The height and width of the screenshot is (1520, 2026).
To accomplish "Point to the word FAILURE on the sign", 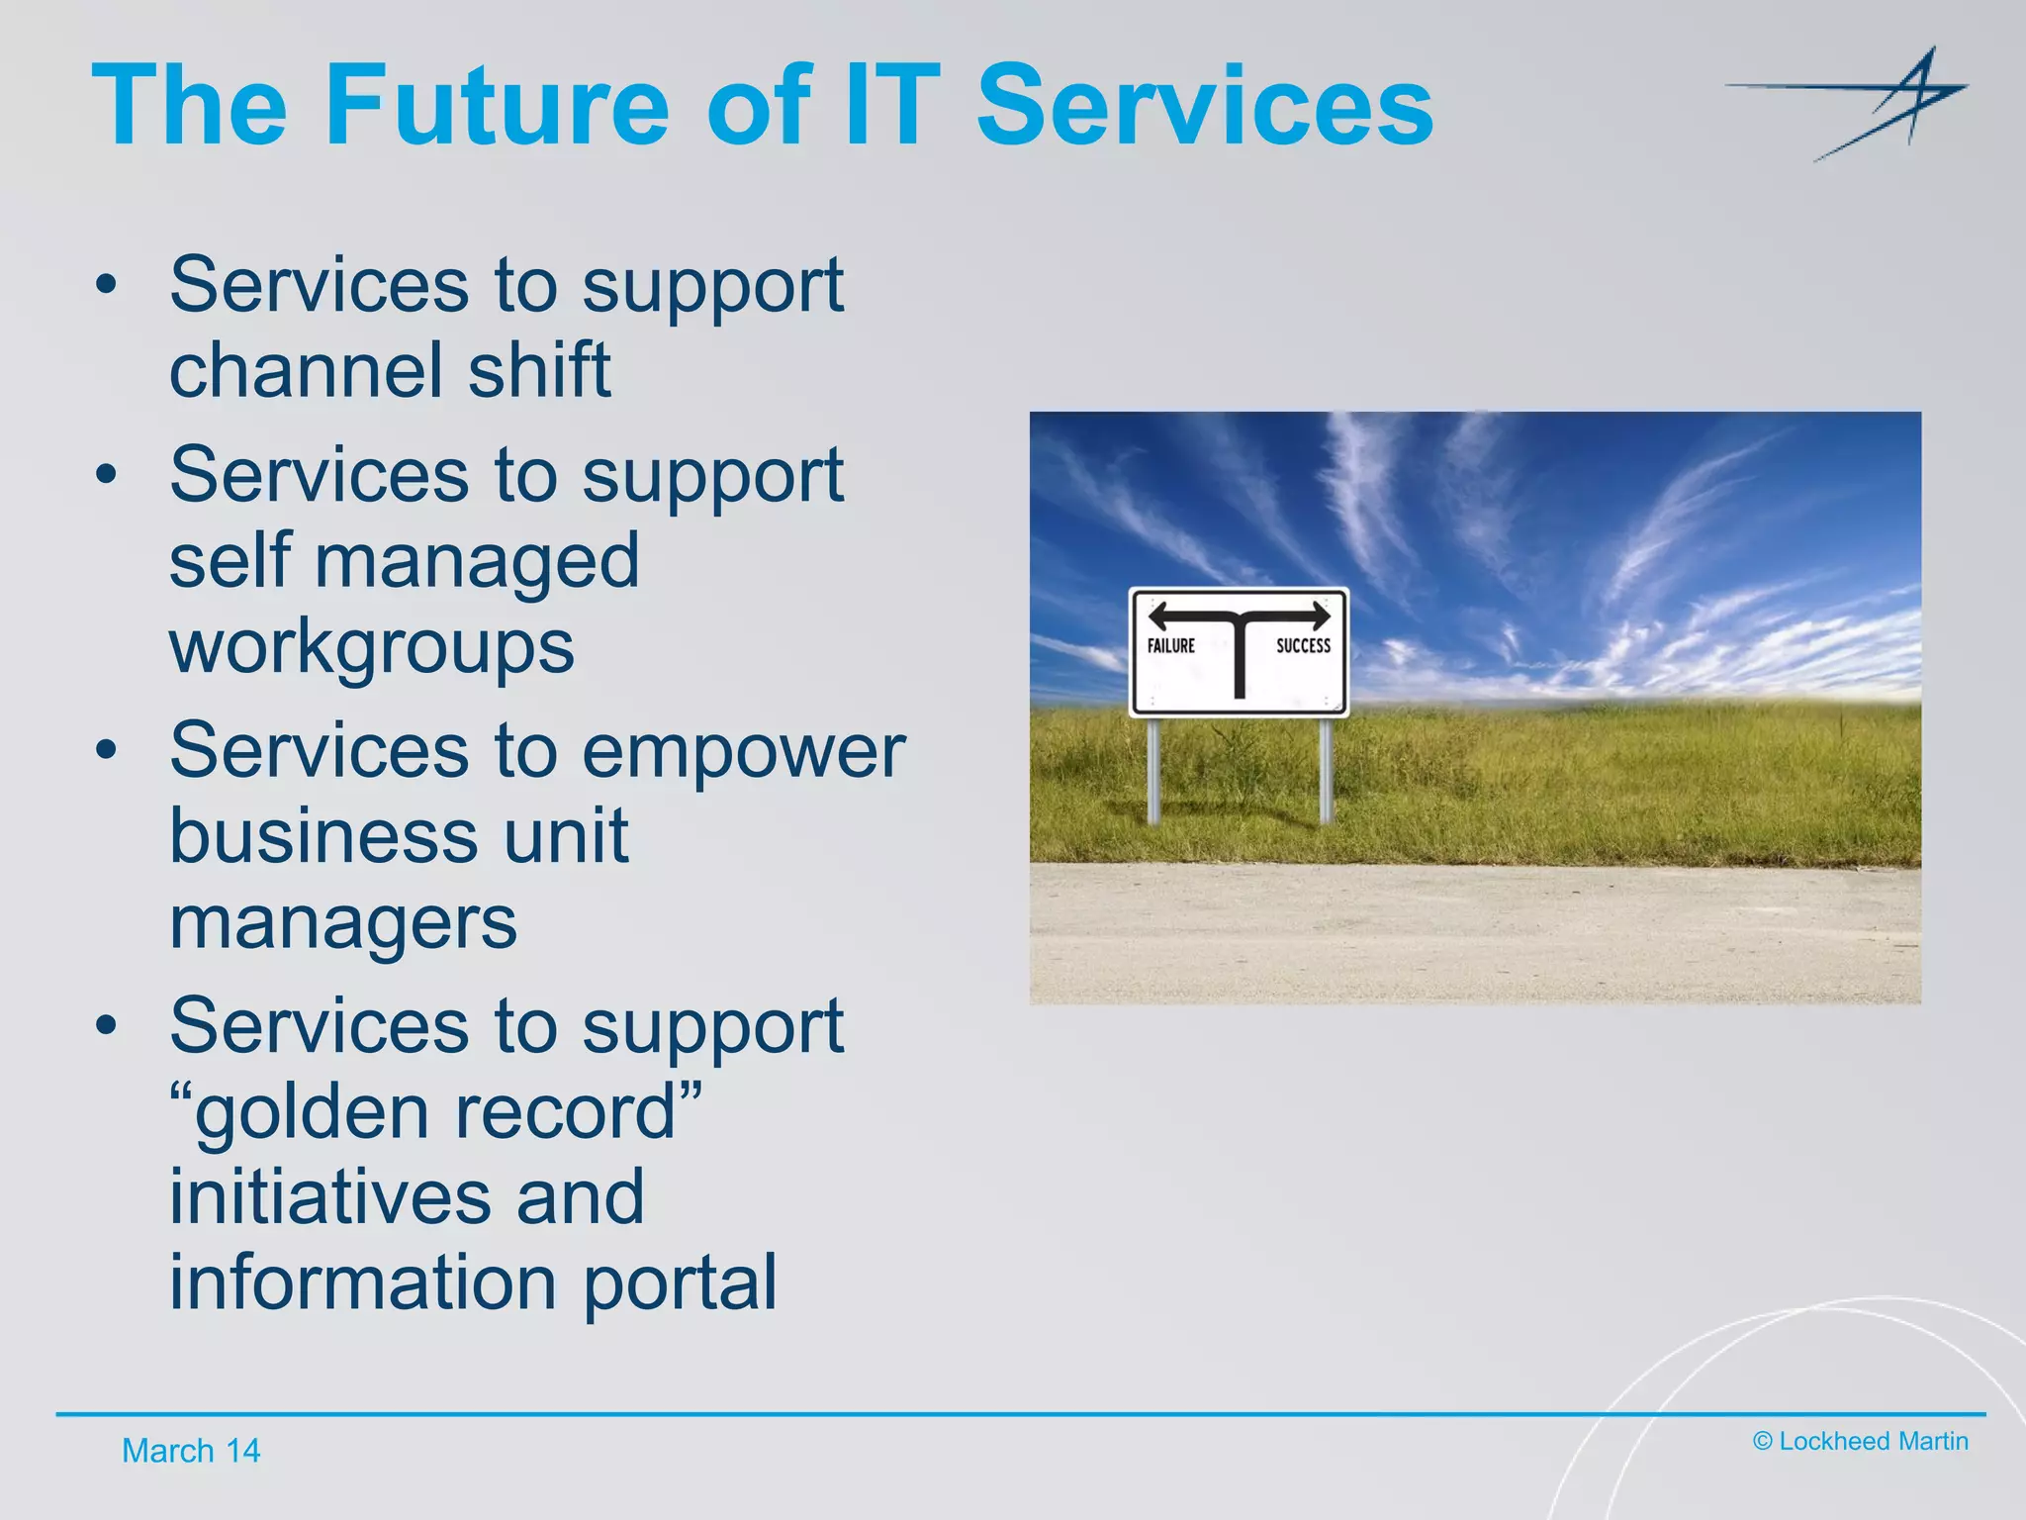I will tap(1170, 645).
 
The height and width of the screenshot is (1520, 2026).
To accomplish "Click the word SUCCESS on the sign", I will tap(1303, 645).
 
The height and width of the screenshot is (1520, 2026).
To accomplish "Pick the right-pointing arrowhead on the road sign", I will tap(1320, 616).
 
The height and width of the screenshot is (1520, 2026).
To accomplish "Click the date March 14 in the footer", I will tap(190, 1451).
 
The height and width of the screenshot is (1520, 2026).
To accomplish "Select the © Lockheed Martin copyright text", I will tap(1860, 1441).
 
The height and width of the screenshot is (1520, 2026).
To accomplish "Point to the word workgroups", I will tap(371, 646).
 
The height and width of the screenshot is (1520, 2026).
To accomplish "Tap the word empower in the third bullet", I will tap(743, 752).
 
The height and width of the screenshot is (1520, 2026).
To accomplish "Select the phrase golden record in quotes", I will tap(435, 1112).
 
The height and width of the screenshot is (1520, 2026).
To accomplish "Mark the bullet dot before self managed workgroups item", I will tap(106, 474).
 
